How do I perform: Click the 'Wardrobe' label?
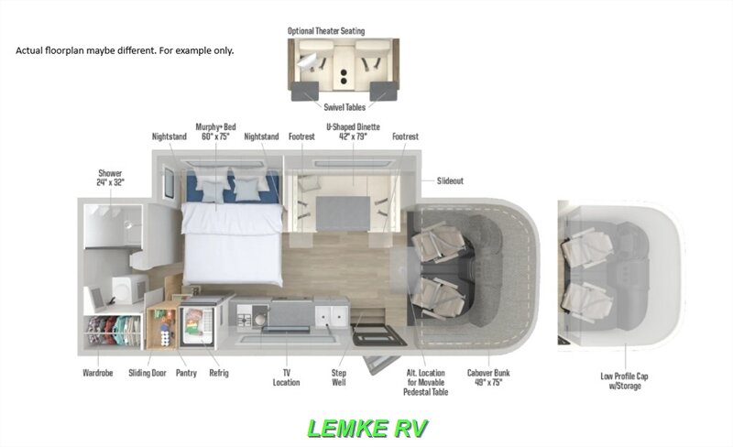pos(97,374)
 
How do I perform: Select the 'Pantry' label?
pos(186,374)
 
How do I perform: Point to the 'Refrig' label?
pos(218,374)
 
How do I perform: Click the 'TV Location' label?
pos(286,378)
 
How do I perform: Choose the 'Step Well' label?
pos(338,378)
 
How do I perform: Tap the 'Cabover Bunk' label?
pos(487,378)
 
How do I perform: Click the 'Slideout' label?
pos(450,181)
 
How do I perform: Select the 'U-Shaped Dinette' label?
pos(353,132)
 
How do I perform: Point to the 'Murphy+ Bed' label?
pos(217,132)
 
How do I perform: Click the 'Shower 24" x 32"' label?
pos(110,177)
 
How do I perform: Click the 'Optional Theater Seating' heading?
pos(338,30)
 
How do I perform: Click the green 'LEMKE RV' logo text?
pos(366,428)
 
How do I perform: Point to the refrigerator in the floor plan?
pos(202,325)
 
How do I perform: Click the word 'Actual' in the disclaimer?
pos(31,50)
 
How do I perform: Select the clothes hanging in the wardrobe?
pos(112,331)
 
